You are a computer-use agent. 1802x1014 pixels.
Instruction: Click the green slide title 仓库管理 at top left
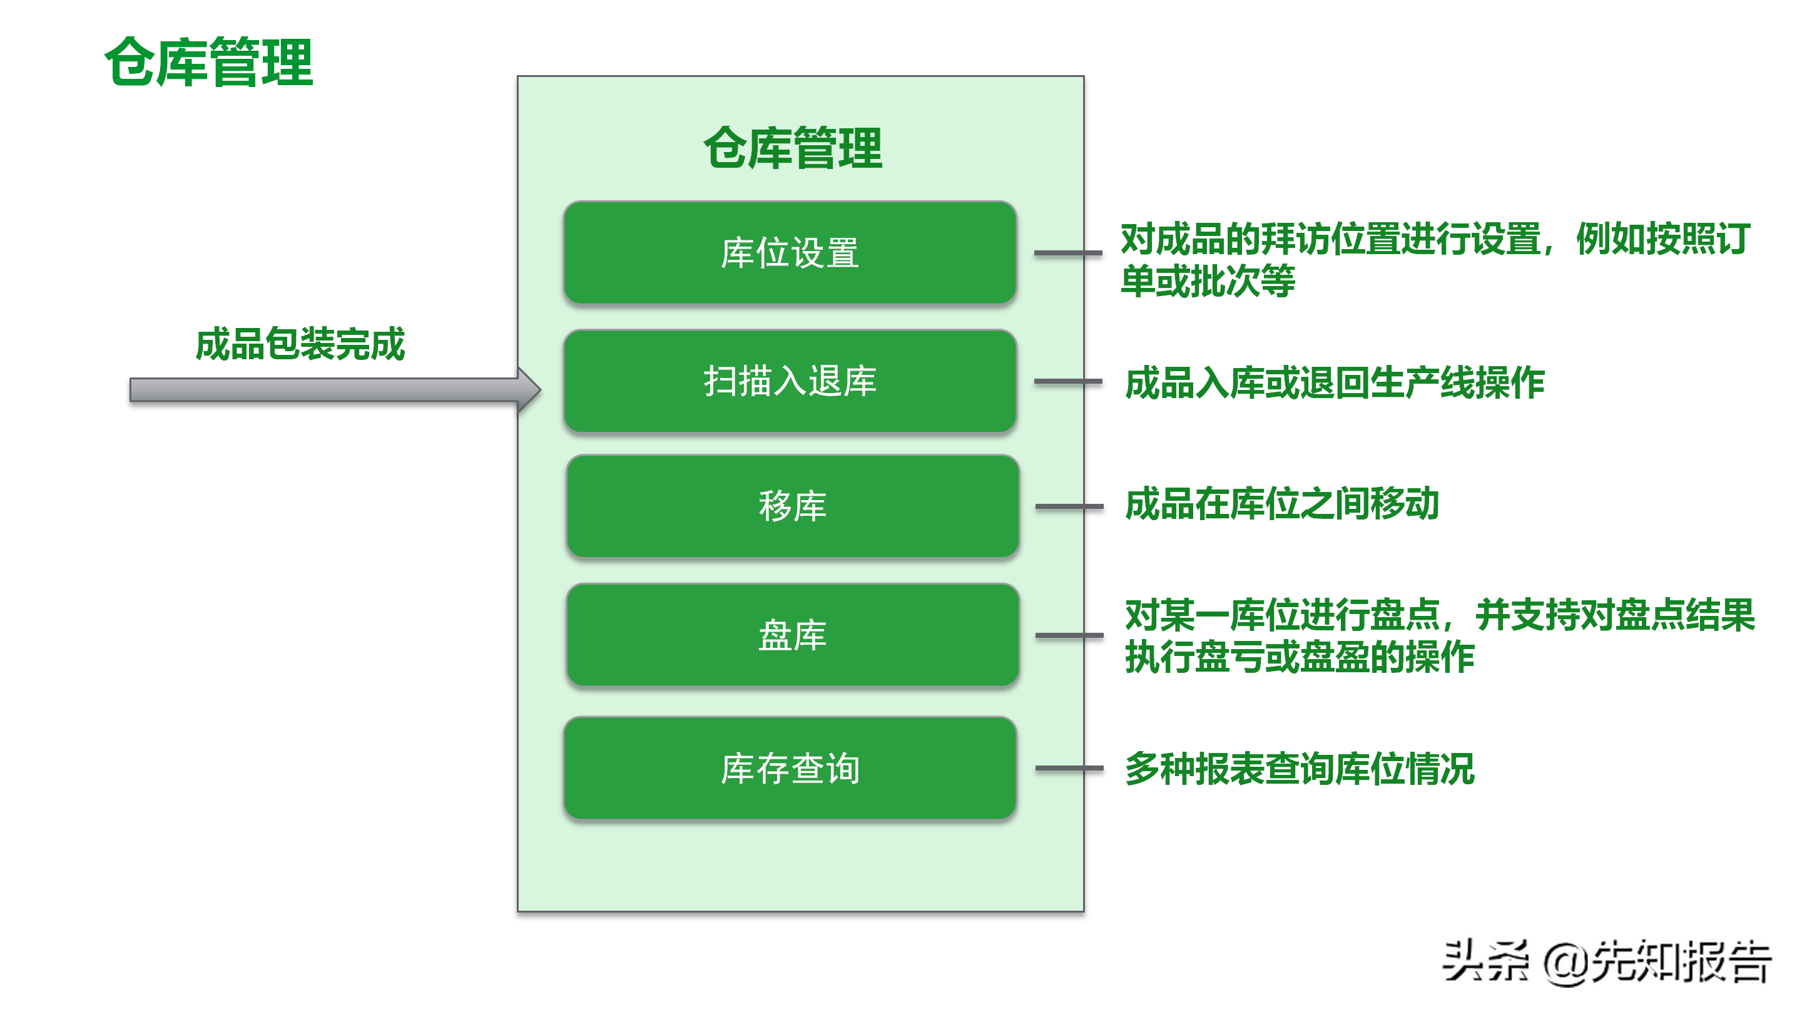pos(208,63)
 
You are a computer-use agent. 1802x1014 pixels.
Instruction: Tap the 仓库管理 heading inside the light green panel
pos(793,148)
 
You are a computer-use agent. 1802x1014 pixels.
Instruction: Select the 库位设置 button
pos(790,253)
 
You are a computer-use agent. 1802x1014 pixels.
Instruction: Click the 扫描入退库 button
pos(790,381)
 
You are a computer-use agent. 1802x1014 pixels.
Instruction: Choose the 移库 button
pos(793,506)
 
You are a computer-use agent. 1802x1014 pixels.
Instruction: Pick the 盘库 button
pos(793,635)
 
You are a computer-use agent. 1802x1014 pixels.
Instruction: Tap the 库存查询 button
pos(790,769)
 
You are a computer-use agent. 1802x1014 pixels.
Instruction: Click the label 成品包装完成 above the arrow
pos(300,344)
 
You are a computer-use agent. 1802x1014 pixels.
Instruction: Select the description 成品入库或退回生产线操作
pos(1334,383)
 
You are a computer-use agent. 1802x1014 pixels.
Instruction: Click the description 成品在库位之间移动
pos(1281,504)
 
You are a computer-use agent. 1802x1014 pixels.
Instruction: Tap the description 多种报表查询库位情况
pos(1299,769)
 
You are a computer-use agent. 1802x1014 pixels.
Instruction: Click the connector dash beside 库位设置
pos(1067,253)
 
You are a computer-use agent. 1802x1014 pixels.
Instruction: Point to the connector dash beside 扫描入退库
pos(1067,381)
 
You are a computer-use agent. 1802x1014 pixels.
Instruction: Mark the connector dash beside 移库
pos(1069,506)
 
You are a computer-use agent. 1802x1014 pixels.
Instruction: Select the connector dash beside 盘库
pos(1069,635)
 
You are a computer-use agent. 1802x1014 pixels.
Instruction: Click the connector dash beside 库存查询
pos(1069,769)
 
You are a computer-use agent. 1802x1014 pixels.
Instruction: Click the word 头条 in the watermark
pos(1484,961)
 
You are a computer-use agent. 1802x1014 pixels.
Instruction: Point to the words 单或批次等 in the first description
pos(1208,281)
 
